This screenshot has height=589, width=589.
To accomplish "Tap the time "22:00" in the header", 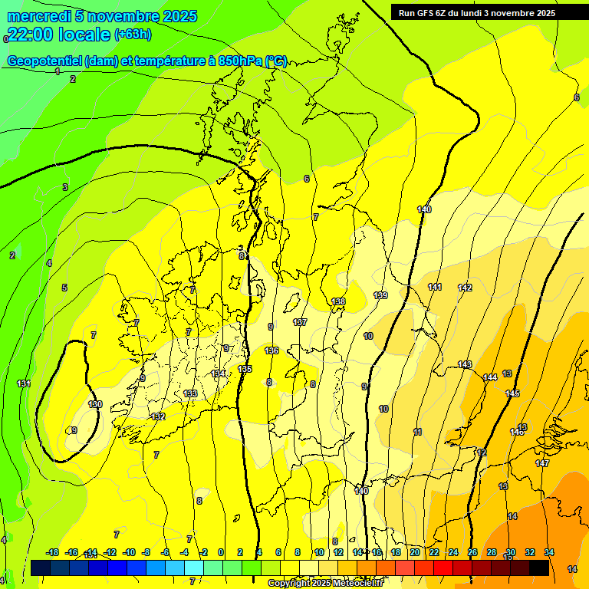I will [x=31, y=34].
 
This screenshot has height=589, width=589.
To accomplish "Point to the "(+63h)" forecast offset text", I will [x=133, y=34].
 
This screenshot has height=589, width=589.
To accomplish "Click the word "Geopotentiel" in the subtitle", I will [x=46, y=61].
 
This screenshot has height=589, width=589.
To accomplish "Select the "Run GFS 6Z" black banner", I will [x=477, y=12].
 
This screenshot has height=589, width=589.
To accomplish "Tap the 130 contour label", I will [x=95, y=404].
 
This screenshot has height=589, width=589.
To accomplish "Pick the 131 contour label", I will [x=24, y=383].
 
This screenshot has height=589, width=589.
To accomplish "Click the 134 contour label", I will [x=219, y=373].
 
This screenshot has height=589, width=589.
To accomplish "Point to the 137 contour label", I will [x=300, y=322].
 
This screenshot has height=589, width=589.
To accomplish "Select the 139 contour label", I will [x=380, y=295].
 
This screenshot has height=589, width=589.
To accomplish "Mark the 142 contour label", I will [x=465, y=288].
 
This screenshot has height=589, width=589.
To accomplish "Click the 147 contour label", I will [x=542, y=463].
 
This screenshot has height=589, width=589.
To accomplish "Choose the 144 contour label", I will [x=490, y=377].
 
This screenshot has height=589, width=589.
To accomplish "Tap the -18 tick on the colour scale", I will [x=53, y=552].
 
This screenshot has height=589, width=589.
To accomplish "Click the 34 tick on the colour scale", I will [x=549, y=552].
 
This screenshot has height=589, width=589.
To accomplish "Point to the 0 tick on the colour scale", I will [x=221, y=552].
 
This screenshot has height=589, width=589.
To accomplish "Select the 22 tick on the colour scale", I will [x=434, y=552].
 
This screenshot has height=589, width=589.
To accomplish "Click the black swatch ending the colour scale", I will [x=539, y=568].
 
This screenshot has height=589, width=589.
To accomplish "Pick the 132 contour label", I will [x=159, y=416].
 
